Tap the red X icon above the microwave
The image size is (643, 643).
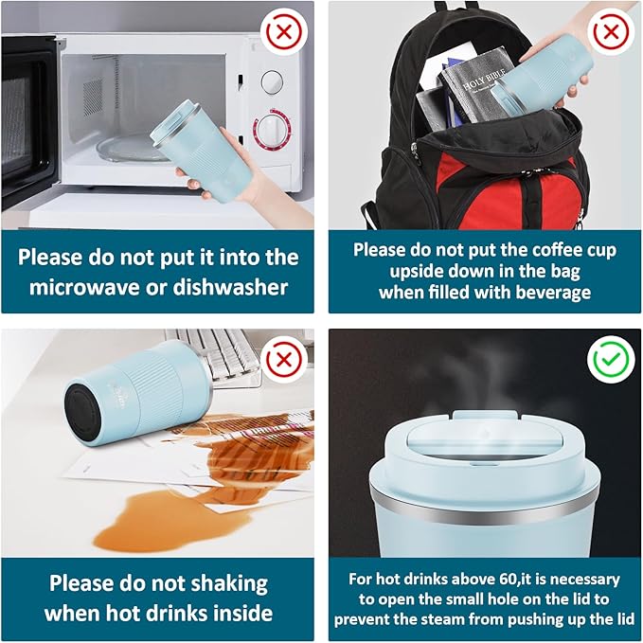(284, 31)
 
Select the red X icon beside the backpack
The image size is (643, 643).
(611, 31)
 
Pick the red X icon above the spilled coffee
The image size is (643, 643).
(284, 360)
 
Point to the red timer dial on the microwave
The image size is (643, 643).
(272, 129)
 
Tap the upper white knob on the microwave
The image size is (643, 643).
(272, 81)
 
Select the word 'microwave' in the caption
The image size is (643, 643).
(84, 287)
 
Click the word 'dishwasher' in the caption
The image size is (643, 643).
(230, 286)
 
